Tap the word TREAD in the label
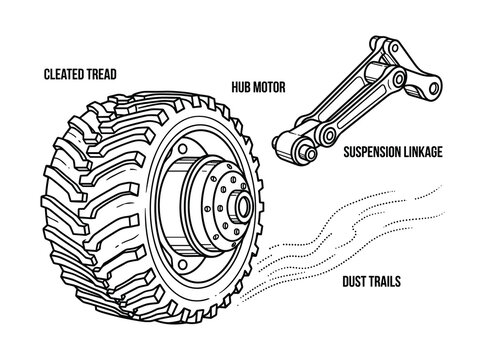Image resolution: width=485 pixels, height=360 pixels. pos(100,74)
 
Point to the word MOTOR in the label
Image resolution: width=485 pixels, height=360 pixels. pos(269,87)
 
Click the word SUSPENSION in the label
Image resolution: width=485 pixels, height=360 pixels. pos(372,152)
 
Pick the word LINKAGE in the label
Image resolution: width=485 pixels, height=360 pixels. pos(423,152)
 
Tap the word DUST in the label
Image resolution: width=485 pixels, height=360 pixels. pos(355,282)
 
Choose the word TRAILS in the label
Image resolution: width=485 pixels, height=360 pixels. pos(385,282)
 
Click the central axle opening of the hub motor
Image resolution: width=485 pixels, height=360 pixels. pos(244,206)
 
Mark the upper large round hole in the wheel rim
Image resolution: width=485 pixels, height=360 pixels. pos(183,148)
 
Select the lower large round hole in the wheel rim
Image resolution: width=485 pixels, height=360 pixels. pos(182,265)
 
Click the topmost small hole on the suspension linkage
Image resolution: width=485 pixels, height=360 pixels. pos(395,48)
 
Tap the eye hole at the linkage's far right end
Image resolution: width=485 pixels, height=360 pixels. pos(434,88)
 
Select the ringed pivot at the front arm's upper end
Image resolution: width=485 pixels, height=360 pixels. pos(399,78)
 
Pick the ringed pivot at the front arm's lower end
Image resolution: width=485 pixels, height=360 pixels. pos(330,136)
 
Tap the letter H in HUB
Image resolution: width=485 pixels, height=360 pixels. pos(235,87)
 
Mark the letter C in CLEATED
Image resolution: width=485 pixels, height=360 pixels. pos(47,74)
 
